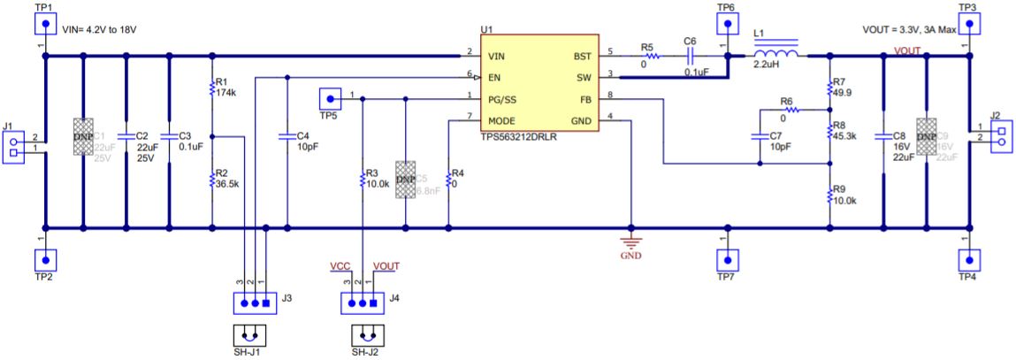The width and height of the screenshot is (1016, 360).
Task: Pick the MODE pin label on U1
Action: coord(502,120)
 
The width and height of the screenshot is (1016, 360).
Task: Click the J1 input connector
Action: coord(13,143)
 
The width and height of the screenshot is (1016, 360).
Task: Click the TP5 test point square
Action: coord(329,97)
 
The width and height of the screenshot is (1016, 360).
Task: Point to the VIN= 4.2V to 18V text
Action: coord(99,29)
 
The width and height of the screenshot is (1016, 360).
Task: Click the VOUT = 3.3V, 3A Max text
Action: coord(909,29)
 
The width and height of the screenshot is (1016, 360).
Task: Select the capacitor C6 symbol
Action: coord(690,55)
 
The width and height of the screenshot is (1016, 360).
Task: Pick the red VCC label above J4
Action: coord(340,265)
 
